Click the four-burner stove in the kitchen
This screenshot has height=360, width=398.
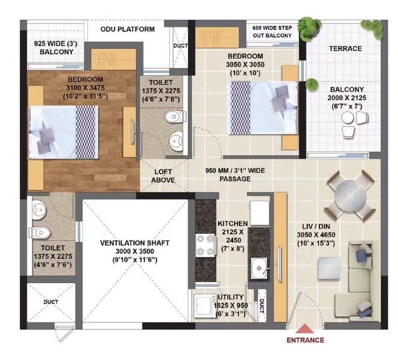point(206,246)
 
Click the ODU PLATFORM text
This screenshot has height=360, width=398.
point(128,29)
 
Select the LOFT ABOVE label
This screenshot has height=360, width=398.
point(163,176)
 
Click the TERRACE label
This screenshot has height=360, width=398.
point(345,48)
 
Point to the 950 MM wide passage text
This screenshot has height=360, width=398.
point(235,174)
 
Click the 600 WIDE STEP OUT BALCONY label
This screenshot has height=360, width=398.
point(275,32)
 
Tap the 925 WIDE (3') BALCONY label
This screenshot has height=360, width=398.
point(56,48)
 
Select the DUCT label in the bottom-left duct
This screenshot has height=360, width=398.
point(51,302)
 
